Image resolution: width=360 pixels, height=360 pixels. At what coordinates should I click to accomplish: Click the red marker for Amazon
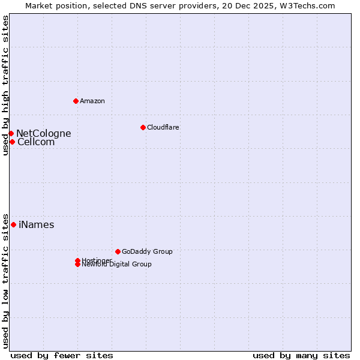pyautogui.click(x=76, y=101)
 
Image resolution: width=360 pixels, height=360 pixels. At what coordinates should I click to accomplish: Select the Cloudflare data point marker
pyautogui.click(x=143, y=127)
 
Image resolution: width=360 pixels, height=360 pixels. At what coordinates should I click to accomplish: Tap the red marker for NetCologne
pyautogui.click(x=11, y=133)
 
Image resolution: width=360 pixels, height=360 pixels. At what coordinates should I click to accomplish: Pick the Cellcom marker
pyautogui.click(x=12, y=142)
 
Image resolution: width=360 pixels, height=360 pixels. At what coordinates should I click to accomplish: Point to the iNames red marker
pyautogui.click(x=13, y=224)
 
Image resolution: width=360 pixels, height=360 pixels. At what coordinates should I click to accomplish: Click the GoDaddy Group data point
pyautogui.click(x=118, y=251)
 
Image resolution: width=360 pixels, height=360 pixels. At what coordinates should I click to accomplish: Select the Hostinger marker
pyautogui.click(x=77, y=260)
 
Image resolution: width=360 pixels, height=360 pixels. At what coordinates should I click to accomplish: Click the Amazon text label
pyautogui.click(x=92, y=101)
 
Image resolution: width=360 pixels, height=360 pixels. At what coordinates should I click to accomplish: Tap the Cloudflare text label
pyautogui.click(x=163, y=127)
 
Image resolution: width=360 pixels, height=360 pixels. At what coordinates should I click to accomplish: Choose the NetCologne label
pyautogui.click(x=44, y=133)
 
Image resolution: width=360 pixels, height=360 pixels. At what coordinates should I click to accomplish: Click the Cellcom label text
pyautogui.click(x=36, y=142)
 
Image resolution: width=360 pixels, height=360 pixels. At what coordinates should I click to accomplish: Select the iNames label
pyautogui.click(x=37, y=225)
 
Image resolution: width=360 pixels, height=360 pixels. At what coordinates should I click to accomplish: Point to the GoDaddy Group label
pyautogui.click(x=147, y=251)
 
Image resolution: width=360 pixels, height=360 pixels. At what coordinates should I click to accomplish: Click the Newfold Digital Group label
pyautogui.click(x=118, y=265)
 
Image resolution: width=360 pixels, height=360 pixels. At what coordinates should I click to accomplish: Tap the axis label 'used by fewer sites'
pyautogui.click(x=62, y=355)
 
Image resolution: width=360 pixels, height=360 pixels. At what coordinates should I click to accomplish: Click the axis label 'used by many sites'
pyautogui.click(x=301, y=355)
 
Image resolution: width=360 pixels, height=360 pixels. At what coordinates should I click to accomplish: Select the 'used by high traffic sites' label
pyautogui.click(x=5, y=85)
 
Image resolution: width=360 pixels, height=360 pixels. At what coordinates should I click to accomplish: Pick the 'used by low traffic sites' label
pyautogui.click(x=5, y=280)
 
